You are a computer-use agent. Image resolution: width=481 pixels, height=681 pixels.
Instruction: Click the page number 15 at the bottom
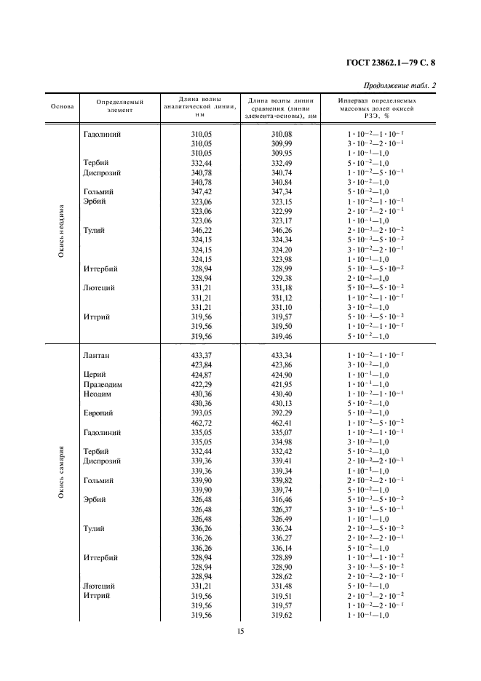[240, 631]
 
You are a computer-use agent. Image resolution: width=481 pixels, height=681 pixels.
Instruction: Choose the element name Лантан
[99, 356]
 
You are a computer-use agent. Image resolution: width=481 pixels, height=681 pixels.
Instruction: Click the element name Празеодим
[106, 384]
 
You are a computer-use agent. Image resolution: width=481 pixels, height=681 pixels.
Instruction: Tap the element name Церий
[96, 375]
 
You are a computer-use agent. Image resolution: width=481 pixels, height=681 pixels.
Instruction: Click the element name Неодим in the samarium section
[98, 394]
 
